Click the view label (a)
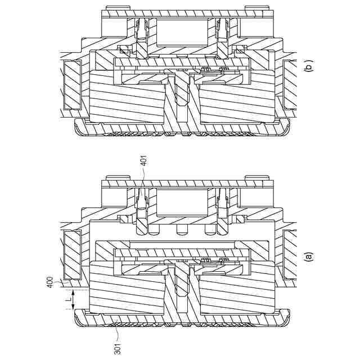click(x=307, y=256)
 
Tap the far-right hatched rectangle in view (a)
click(x=291, y=255)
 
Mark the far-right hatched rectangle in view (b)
click(x=291, y=84)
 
